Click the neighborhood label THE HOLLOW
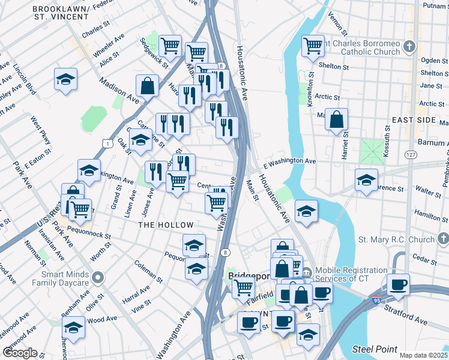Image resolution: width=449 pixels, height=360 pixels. click(x=166, y=225)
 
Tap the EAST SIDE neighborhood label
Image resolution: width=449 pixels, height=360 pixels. click(x=413, y=120)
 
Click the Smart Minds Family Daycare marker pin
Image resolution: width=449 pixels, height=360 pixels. click(x=98, y=277)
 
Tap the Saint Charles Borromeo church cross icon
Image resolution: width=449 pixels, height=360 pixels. click(x=409, y=46)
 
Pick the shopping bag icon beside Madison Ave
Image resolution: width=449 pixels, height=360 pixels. click(x=147, y=86)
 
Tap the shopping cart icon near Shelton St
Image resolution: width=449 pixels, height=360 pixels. click(x=313, y=45)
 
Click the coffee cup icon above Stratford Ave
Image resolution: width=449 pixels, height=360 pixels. click(x=398, y=284)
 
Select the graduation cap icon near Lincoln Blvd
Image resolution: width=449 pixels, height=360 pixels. click(x=66, y=79)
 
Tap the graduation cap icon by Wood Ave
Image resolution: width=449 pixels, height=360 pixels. click(x=73, y=328)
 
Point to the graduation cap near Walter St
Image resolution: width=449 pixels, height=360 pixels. click(x=366, y=179)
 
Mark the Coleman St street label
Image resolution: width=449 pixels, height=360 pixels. click(x=148, y=271)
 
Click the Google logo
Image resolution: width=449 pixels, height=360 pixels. click(x=20, y=353)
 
